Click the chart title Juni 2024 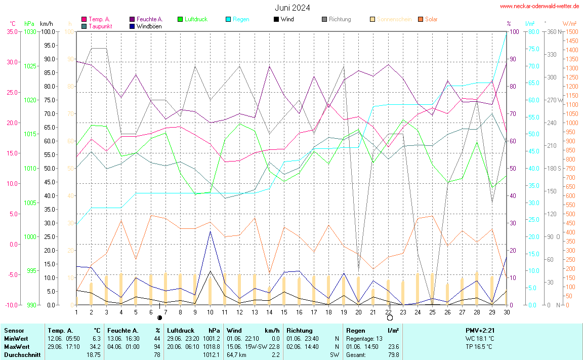tap(293, 8)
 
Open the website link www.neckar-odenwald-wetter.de tap(539, 6)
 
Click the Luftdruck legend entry tap(196, 19)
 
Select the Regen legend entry tap(240, 19)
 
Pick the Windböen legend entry tap(149, 26)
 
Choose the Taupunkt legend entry tap(100, 26)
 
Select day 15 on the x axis tap(284, 311)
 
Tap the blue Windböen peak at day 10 tap(210, 231)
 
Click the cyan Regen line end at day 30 tap(506, 32)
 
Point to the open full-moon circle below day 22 tap(390, 318)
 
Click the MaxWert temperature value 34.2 tap(96, 347)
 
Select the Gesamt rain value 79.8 tap(393, 355)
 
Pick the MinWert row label tap(16, 339)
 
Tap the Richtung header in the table tap(299, 331)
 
